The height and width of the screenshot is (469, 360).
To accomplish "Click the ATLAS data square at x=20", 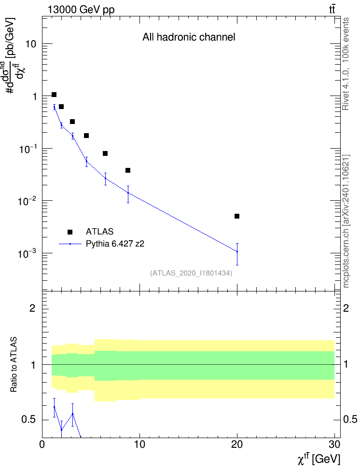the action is pyautogui.click(x=237, y=216).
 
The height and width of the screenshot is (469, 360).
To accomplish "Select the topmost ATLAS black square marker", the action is pyautogui.click(x=54, y=95).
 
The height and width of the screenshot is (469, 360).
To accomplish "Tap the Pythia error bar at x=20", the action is pyautogui.click(x=237, y=254).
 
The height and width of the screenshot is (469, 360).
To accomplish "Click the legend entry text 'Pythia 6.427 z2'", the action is pyautogui.click(x=115, y=244).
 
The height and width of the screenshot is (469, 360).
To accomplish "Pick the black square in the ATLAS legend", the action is pyautogui.click(x=70, y=232).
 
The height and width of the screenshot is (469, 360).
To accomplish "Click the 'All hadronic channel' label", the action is pyautogui.click(x=189, y=37).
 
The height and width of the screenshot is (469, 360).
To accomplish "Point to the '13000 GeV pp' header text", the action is pyautogui.click(x=81, y=10).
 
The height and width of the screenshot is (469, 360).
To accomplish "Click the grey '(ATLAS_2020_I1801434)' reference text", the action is pyautogui.click(x=191, y=273).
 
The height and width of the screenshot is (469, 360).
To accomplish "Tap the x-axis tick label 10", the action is pyautogui.click(x=139, y=444).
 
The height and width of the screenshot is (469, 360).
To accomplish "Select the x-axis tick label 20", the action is pyautogui.click(x=237, y=444).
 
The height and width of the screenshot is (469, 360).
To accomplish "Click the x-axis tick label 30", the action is pyautogui.click(x=334, y=444).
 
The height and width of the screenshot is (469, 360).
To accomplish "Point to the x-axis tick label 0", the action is pyautogui.click(x=42, y=444).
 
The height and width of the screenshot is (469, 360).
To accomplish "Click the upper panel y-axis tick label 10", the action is pyautogui.click(x=31, y=44).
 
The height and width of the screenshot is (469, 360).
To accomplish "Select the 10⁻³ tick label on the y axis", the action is pyautogui.click(x=27, y=254).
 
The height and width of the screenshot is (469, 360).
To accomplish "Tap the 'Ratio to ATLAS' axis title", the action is pyautogui.click(x=14, y=365).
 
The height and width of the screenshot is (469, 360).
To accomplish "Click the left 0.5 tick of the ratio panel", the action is pyautogui.click(x=29, y=420).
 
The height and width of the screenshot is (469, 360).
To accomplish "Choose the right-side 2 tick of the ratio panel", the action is pyautogui.click(x=346, y=308).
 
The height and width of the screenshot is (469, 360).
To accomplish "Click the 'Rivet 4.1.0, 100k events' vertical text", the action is pyautogui.click(x=346, y=64).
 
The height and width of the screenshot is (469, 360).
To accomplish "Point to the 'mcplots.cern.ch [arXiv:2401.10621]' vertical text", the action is pyautogui.click(x=346, y=221).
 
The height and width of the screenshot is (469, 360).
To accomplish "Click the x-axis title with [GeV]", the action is pyautogui.click(x=318, y=458).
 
